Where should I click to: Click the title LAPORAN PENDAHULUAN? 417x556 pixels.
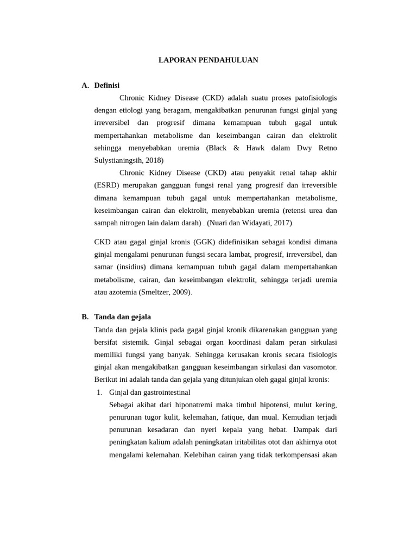[x=208, y=60]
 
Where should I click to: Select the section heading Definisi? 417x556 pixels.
[x=106, y=85]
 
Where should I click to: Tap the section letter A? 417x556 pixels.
[x=85, y=85]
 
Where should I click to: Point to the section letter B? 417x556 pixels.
[x=85, y=317]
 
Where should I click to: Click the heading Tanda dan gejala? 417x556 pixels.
[x=122, y=317]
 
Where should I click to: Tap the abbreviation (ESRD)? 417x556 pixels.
[x=106, y=185]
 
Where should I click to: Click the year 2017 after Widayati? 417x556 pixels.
[x=282, y=223]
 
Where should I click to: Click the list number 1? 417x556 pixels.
[x=99, y=392]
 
